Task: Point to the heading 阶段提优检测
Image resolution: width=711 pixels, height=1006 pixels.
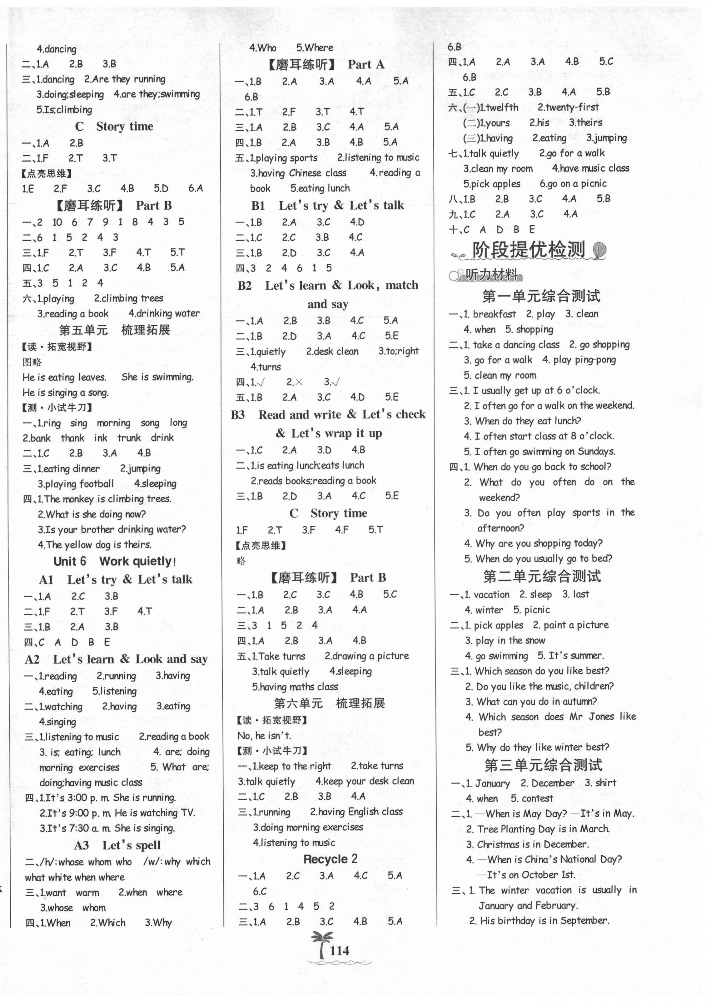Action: coord(528,250)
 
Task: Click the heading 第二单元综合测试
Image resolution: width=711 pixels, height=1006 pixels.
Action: coord(542,576)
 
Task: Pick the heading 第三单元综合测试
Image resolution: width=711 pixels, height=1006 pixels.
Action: coord(543,765)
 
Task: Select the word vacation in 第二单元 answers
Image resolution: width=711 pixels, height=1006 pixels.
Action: coord(491,595)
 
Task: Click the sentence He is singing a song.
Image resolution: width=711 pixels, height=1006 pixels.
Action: coord(66,393)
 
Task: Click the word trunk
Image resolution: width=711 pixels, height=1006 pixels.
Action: coord(129,438)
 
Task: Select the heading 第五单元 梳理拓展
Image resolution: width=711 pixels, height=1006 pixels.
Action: coord(114,330)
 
